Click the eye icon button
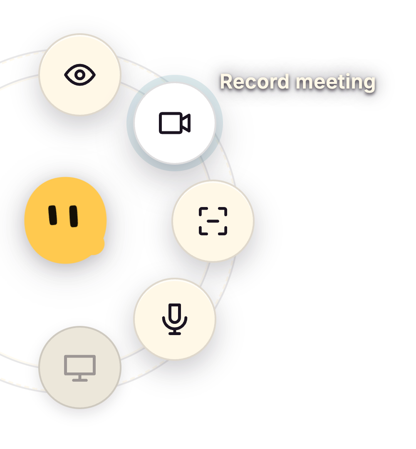click(x=80, y=74)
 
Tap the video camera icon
click(x=175, y=123)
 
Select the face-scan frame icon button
click(x=213, y=221)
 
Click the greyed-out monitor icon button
click(x=80, y=368)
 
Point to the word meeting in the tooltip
click(x=335, y=82)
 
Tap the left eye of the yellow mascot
click(x=53, y=215)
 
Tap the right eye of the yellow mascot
click(x=74, y=216)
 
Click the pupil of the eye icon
click(x=80, y=75)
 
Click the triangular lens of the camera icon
click(x=186, y=123)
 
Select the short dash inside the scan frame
click(x=213, y=221)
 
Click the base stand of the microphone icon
click(x=175, y=332)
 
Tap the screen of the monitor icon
click(x=80, y=365)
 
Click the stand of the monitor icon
click(x=80, y=378)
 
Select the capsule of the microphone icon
click(x=175, y=313)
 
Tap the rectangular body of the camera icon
click(x=171, y=123)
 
